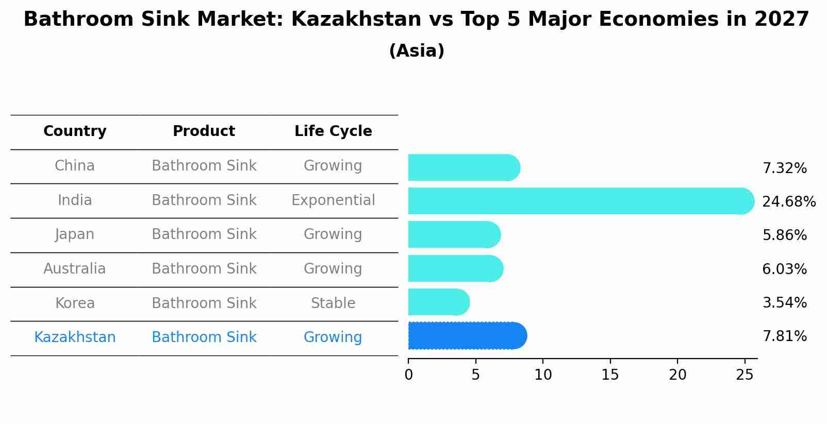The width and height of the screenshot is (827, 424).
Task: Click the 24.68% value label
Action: coord(788,201)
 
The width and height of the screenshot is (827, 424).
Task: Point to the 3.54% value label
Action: coord(784,302)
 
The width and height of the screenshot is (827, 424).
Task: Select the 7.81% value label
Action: coord(784,336)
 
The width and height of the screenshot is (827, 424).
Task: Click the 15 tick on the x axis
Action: coord(610,375)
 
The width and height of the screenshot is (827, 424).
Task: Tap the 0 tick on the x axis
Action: coord(408,375)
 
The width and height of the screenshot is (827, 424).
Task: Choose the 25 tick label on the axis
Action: coord(745,375)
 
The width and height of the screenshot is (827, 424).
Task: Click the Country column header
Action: coord(75,131)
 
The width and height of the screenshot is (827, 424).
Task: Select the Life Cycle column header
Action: coord(333,131)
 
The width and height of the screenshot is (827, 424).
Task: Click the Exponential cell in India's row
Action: coord(333,200)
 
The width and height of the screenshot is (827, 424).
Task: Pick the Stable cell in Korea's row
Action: coord(333,303)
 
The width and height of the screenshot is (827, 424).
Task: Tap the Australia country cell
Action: coord(75,268)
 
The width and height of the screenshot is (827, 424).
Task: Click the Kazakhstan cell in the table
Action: coord(75,337)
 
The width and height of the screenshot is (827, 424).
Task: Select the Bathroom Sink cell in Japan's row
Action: coord(204,234)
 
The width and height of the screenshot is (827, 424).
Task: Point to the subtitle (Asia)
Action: coord(417,51)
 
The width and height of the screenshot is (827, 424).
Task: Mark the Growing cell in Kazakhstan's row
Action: coord(333,337)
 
